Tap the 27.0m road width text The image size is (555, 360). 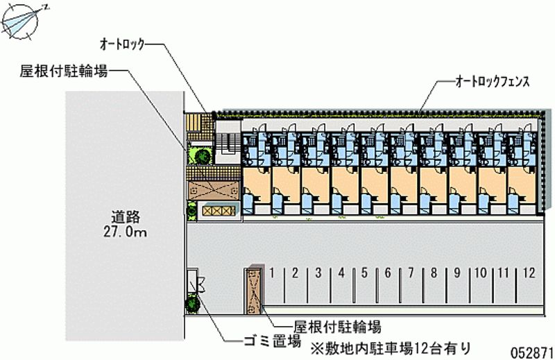pyautogui.click(x=126, y=232)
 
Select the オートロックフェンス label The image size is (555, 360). pyautogui.click(x=493, y=82)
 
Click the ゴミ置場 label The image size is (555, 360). pyautogui.click(x=272, y=341)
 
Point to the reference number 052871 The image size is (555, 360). pyautogui.click(x=531, y=352)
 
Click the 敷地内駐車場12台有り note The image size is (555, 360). pyautogui.click(x=391, y=349)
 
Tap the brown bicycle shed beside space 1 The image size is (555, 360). pyautogui.click(x=254, y=289)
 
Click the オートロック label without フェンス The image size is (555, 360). pyautogui.click(x=123, y=44)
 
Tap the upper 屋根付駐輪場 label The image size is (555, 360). pyautogui.click(x=63, y=71)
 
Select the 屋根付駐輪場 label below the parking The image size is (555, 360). pyautogui.click(x=337, y=327)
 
